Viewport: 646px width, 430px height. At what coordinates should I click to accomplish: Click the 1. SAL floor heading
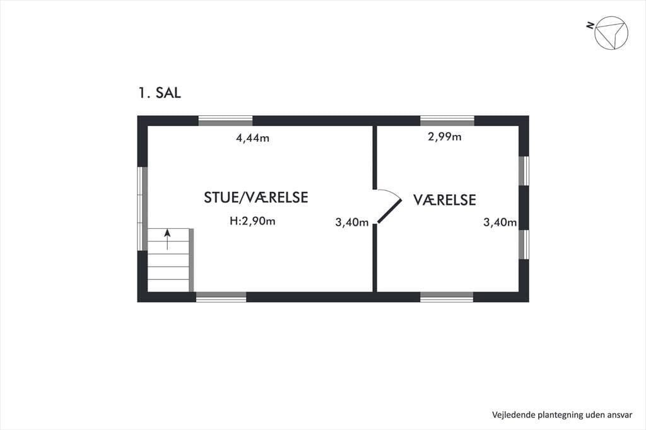(160, 93)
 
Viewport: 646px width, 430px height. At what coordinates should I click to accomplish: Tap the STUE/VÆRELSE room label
(256, 197)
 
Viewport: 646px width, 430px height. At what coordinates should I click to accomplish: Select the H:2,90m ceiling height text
(252, 221)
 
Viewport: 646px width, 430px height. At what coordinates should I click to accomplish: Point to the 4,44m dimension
(252, 138)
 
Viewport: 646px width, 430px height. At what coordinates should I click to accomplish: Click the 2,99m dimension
(445, 137)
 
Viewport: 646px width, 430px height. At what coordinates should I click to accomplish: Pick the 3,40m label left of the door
(352, 223)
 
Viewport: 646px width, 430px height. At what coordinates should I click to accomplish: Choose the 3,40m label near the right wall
(500, 223)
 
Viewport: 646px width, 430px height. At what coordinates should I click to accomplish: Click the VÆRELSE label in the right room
(445, 200)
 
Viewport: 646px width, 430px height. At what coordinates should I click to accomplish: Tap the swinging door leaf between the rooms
(389, 211)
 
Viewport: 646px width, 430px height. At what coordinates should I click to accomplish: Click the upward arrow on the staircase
(167, 240)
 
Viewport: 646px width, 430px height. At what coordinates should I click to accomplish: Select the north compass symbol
(611, 33)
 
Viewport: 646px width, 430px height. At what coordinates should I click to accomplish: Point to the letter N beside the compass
(590, 26)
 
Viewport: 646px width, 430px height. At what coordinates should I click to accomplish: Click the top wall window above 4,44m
(225, 120)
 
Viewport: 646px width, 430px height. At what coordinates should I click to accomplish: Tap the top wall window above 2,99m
(447, 120)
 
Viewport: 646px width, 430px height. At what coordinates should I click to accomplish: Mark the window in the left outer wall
(142, 209)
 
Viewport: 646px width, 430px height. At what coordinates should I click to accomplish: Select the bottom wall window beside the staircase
(221, 297)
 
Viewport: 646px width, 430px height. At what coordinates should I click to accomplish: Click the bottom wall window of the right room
(447, 297)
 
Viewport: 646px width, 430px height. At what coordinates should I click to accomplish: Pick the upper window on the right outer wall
(524, 171)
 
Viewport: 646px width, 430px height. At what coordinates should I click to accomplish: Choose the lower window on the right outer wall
(524, 244)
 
